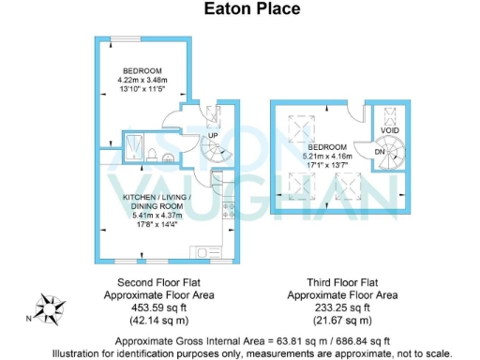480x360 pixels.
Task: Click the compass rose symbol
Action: (47, 307)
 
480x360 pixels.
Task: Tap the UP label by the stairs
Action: (212, 134)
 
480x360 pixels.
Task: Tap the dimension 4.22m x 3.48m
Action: (142, 82)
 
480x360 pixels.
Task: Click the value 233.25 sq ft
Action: (340, 306)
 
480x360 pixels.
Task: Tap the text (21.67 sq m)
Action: (340, 318)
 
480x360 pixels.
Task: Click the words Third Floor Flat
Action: (340, 281)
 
